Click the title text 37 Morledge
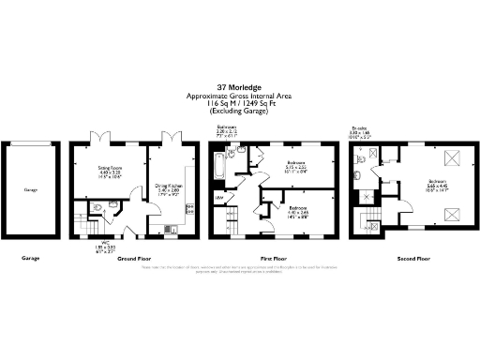(240, 89)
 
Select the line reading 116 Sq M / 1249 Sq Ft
(240, 104)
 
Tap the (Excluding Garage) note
(240, 112)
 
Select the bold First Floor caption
(272, 257)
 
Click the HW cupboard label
(219, 198)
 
